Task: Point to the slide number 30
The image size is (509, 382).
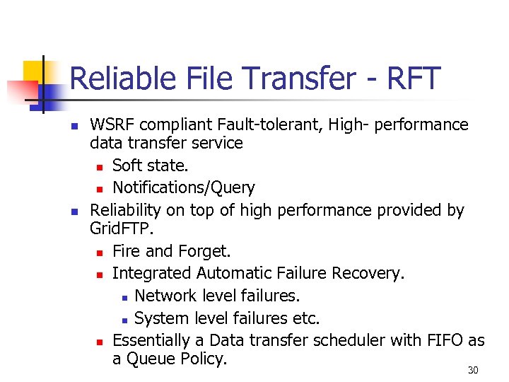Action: (473, 371)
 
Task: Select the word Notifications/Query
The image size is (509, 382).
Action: (184, 187)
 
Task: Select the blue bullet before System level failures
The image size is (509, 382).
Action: (123, 318)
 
